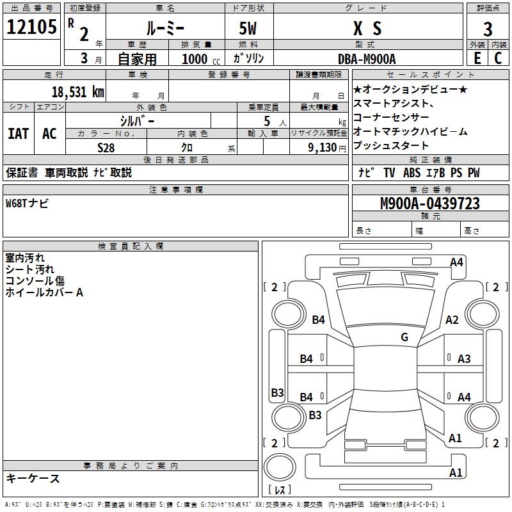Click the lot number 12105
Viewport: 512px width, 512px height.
[33, 28]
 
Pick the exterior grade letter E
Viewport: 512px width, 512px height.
[477, 58]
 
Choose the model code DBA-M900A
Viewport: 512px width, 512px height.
[367, 58]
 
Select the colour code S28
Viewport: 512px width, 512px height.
[107, 147]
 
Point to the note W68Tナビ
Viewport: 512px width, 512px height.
[27, 204]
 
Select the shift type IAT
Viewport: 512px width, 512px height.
[18, 134]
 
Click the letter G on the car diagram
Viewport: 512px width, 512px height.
[404, 337]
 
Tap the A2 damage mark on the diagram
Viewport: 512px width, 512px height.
[452, 320]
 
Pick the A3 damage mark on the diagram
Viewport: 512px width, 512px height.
[464, 359]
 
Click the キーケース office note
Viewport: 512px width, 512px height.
[33, 478]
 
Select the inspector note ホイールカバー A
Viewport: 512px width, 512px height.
[44, 292]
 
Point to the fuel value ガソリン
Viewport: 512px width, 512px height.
[248, 58]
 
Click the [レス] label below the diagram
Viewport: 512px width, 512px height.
[280, 490]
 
